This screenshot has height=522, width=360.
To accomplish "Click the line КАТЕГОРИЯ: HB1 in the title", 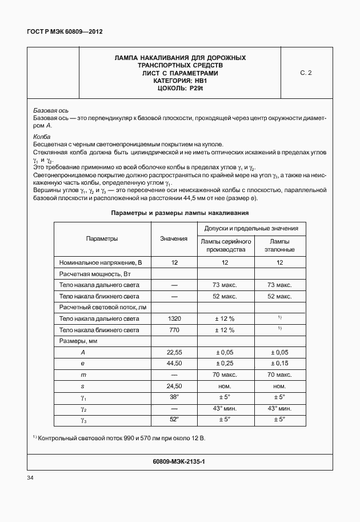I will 180,81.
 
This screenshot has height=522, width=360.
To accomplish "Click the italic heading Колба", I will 42,137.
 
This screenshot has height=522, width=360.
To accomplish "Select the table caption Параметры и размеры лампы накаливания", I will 180,213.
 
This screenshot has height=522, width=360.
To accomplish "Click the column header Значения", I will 174,239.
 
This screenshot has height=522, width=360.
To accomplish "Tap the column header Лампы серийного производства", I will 225,246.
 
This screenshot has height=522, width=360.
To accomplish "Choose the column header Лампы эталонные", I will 279,246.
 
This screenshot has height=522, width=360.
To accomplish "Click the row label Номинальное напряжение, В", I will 100,262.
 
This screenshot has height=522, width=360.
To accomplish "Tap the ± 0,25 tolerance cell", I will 225,364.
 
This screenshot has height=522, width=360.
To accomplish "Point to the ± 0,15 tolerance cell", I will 279,364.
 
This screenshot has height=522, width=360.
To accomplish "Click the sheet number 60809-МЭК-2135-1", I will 179,461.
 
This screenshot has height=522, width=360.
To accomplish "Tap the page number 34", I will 31,478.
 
